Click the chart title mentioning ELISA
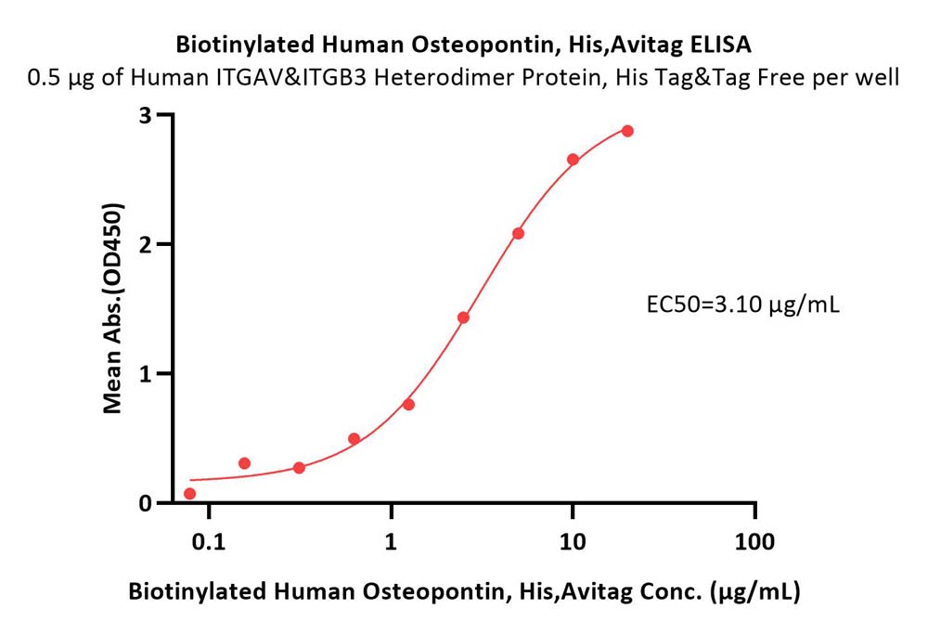tap(463, 45)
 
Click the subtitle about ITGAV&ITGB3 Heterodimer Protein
tap(463, 78)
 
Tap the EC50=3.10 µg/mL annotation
tap(742, 305)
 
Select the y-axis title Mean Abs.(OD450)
tap(112, 308)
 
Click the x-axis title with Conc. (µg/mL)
tap(464, 591)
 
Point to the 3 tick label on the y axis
tap(146, 115)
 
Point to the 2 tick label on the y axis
tap(146, 244)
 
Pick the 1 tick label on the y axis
tap(146, 373)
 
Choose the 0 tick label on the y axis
tap(146, 503)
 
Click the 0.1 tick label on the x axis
tap(209, 541)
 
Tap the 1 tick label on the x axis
tap(391, 541)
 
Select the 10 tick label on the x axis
tap(573, 541)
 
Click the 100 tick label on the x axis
tap(754, 541)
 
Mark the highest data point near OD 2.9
tap(627, 131)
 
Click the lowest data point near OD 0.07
tap(189, 494)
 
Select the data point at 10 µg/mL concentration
tap(573, 159)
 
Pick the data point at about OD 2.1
tap(518, 233)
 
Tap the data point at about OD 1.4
tap(463, 317)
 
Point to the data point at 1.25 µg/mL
tap(408, 404)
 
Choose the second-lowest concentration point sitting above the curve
tap(244, 462)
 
